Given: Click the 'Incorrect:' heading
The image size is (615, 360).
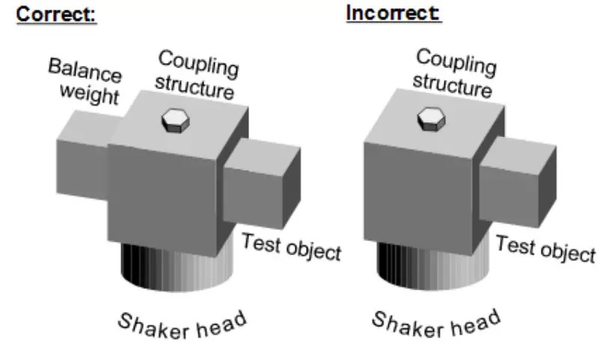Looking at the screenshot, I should click(x=394, y=14).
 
